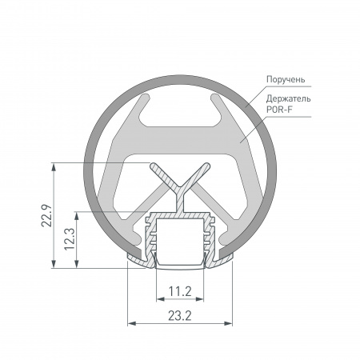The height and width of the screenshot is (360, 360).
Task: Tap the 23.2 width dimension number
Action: pyautogui.click(x=180, y=317)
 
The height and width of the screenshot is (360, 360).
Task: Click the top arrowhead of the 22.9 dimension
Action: pyautogui.click(x=54, y=167)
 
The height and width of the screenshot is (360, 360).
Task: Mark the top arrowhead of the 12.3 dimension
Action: pyautogui.click(x=78, y=215)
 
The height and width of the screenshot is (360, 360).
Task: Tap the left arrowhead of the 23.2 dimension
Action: pyautogui.click(x=131, y=323)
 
